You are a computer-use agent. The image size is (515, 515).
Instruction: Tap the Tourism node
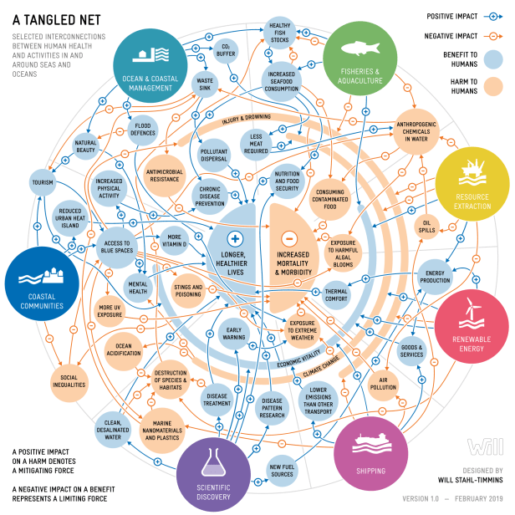(x=42, y=181)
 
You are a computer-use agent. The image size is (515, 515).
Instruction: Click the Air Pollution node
(x=383, y=383)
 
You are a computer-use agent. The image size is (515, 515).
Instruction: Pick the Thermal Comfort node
(x=336, y=294)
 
